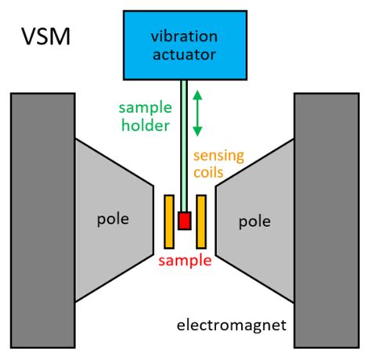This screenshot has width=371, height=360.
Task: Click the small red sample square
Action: click(185, 221)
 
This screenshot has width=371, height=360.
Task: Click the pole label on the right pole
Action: click(256, 221)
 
